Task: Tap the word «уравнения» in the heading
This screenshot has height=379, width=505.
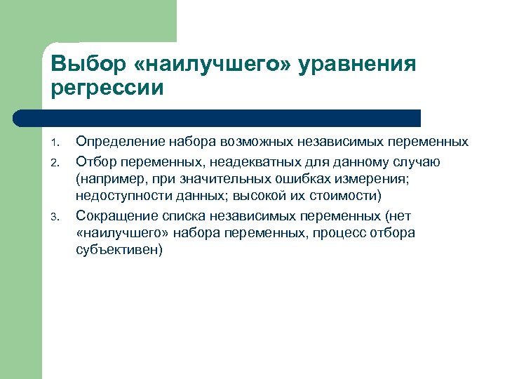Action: [358, 65]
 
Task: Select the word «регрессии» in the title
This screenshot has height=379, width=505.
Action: [107, 88]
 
